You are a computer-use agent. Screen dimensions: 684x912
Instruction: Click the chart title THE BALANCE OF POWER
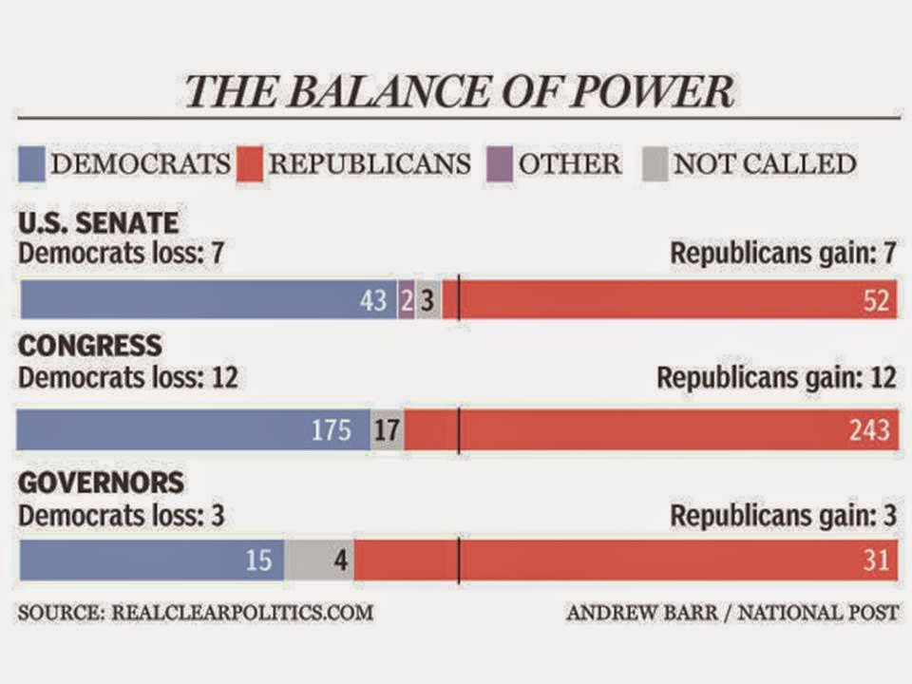coord(459,91)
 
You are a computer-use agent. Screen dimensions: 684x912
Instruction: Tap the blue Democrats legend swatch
coord(31,163)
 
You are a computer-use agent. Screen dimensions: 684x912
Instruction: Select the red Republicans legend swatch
coord(250,163)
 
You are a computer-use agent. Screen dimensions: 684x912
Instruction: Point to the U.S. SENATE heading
coord(98,224)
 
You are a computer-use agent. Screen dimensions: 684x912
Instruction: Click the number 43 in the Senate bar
coord(373,300)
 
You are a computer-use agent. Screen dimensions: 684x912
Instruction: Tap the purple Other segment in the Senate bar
coord(406,300)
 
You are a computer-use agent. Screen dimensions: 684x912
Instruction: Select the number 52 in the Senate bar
coord(876,300)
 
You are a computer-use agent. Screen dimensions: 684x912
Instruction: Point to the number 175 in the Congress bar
coord(332,430)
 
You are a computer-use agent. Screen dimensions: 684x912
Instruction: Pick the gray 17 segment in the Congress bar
coord(387,430)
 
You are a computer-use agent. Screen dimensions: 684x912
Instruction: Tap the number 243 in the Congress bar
coord(869,430)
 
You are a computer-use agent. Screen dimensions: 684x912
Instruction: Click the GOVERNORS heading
coord(102,483)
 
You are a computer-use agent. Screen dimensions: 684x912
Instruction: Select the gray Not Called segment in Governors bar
coord(319,560)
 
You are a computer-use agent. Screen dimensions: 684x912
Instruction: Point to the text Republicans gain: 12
coord(776,378)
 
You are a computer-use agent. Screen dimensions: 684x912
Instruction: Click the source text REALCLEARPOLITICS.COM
coord(242,613)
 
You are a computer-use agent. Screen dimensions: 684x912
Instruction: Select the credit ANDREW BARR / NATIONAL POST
coord(731,613)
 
